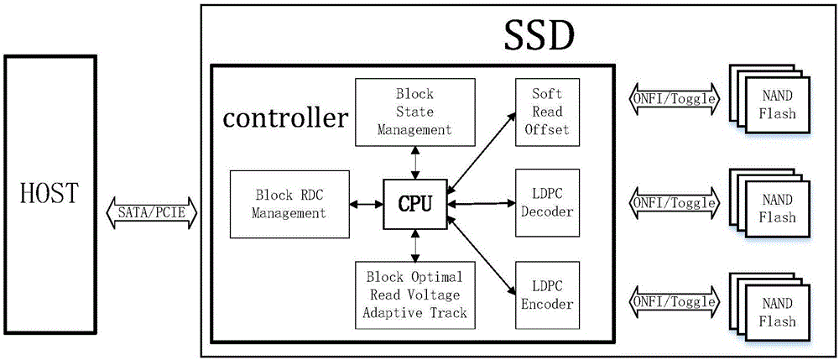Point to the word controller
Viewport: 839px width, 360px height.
point(285,118)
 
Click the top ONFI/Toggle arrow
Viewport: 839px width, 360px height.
point(674,98)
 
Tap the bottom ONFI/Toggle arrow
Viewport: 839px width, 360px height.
point(674,300)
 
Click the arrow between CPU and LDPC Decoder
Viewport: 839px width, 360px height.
point(481,203)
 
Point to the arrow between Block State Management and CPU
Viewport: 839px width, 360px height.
point(414,159)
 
